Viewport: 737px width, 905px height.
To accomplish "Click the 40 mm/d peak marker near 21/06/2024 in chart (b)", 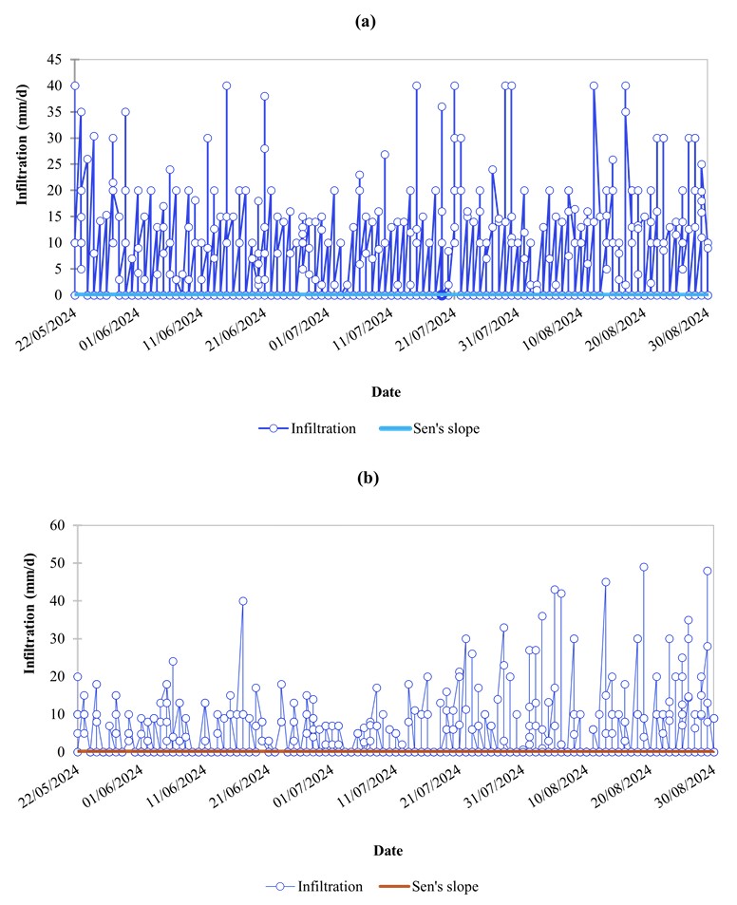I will click(x=243, y=600).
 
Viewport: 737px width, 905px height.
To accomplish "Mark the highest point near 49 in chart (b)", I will click(x=643, y=567).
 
